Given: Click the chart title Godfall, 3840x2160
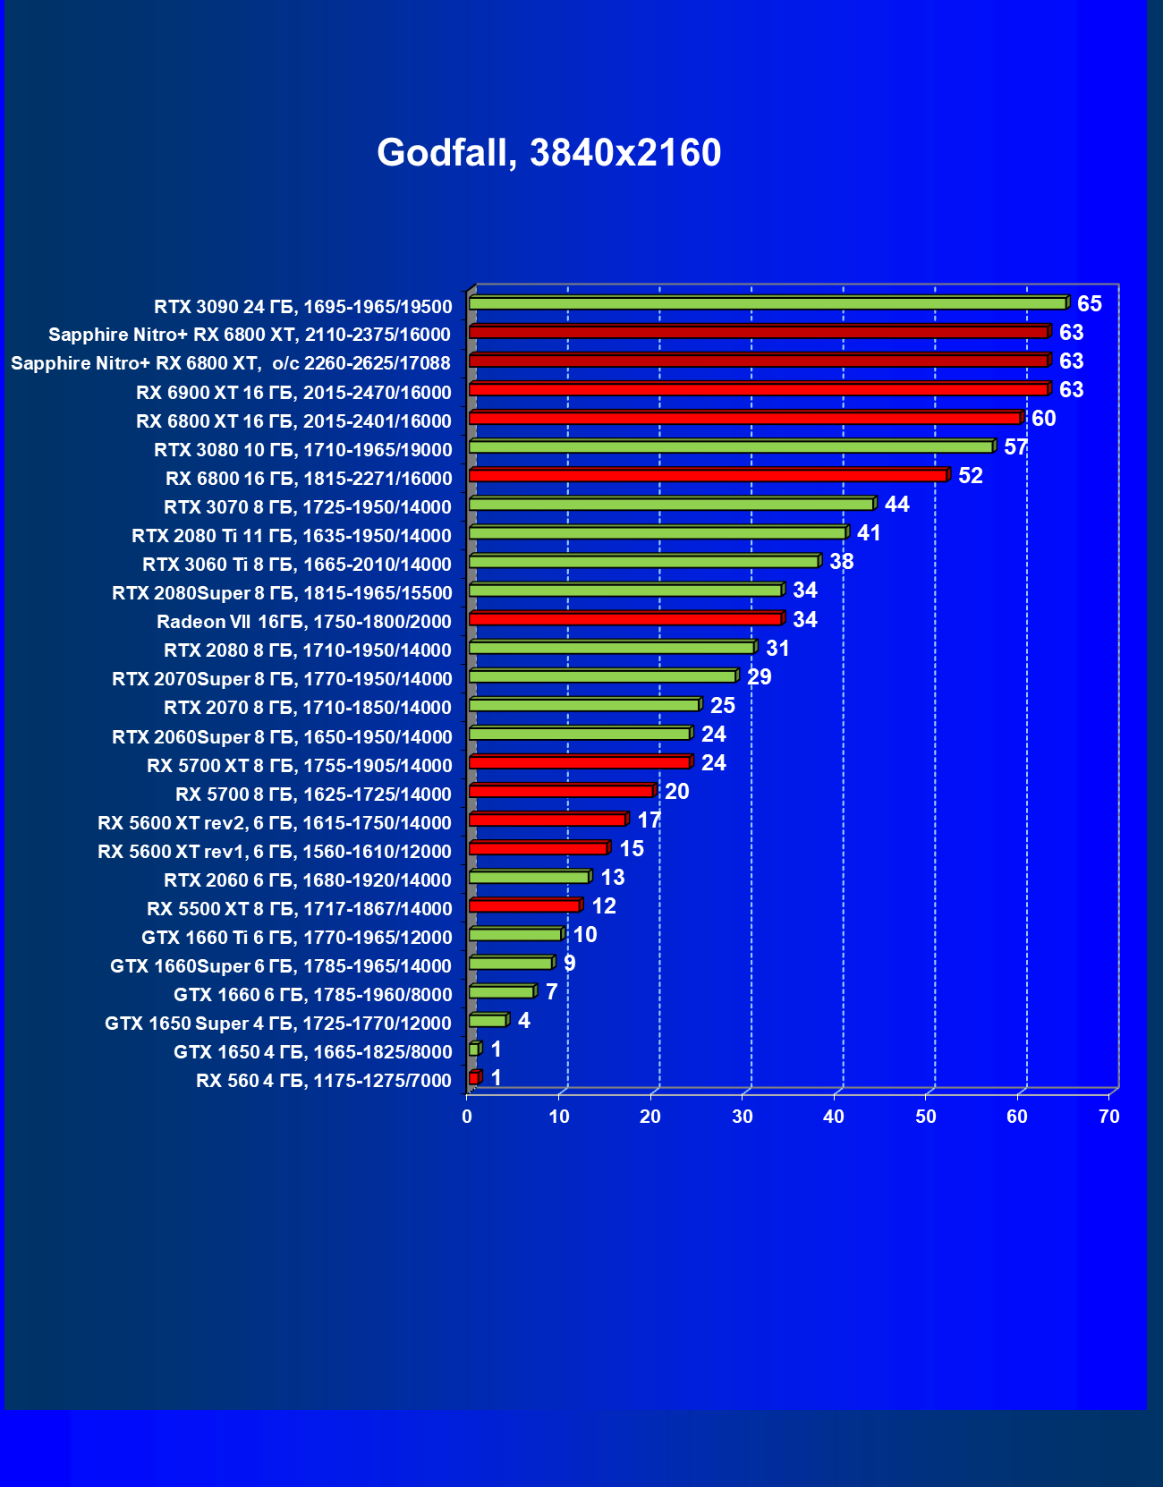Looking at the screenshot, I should (548, 153).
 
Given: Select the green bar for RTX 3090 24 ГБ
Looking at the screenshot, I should (768, 303).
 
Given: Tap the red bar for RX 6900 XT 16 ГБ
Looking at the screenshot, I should (759, 389).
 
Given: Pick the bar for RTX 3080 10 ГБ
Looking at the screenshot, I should (731, 446).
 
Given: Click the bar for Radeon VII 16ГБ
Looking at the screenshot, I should (625, 618).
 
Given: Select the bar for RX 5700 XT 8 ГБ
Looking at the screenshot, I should (580, 762).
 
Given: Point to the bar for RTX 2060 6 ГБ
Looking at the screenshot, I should (529, 877).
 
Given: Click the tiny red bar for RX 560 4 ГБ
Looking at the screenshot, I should (474, 1078).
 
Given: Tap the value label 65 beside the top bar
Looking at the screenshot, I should (1089, 304).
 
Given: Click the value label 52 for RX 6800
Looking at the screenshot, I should (970, 476).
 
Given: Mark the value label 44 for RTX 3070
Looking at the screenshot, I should (896, 505).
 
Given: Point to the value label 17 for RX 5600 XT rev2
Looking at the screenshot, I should (649, 820).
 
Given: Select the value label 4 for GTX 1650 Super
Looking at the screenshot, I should (523, 1021).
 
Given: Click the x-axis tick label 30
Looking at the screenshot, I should (742, 1117).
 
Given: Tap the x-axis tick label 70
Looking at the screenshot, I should (1108, 1117).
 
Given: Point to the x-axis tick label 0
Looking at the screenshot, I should (467, 1117).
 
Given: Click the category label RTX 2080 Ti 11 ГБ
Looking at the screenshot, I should (291, 536).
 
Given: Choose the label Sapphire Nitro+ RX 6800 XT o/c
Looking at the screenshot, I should (231, 363).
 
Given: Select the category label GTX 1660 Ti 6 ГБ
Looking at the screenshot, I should (296, 938).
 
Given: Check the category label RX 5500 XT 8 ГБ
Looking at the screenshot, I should (299, 909).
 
